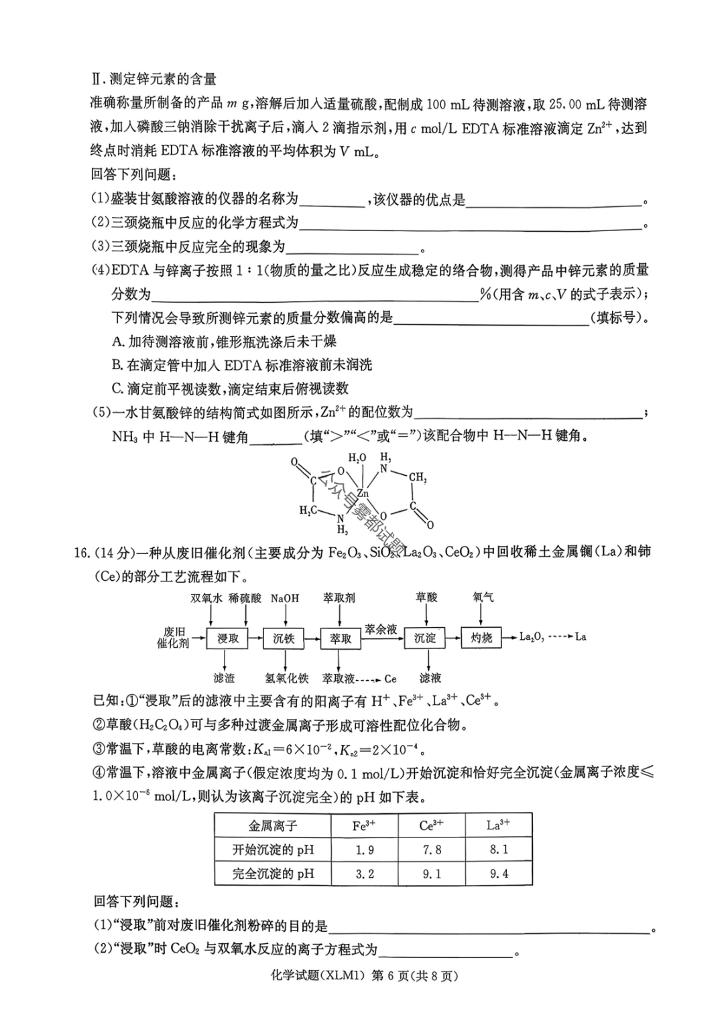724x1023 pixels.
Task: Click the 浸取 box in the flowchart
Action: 228,638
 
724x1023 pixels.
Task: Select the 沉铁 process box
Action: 284,638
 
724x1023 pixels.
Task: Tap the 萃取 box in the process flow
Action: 341,638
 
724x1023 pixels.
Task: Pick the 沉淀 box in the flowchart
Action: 425,638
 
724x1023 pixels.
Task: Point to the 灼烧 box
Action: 481,638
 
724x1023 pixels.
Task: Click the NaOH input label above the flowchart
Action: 285,598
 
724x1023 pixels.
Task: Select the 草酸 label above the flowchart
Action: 426,597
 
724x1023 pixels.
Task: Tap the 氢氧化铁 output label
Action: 287,679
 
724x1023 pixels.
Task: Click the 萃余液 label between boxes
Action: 381,629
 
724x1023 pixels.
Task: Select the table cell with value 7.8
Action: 431,849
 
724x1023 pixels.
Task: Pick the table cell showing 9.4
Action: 499,874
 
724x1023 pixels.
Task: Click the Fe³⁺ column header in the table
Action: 364,825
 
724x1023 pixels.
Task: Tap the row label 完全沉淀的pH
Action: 273,874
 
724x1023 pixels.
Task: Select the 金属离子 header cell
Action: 273,825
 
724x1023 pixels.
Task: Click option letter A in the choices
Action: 118,342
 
